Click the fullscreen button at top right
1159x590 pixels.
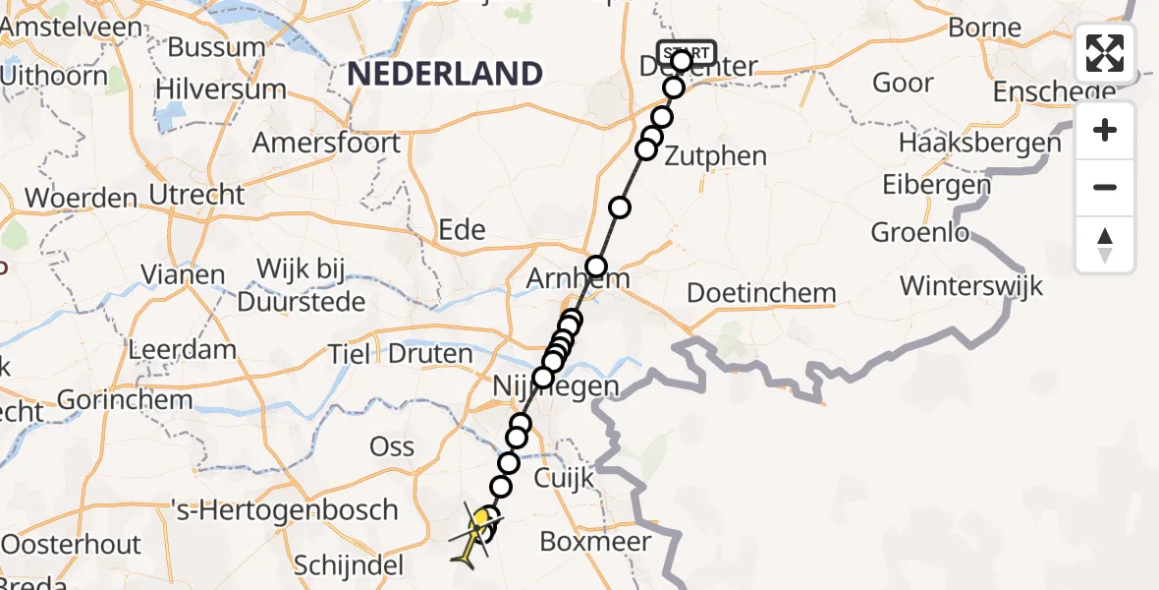click(1105, 53)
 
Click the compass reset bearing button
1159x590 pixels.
click(1105, 245)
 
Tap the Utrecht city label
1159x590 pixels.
click(197, 194)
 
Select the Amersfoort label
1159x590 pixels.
click(326, 143)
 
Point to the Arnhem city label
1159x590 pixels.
click(578, 279)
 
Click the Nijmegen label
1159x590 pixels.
click(558, 386)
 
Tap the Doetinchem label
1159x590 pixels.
click(761, 293)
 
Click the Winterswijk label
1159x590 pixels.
click(971, 286)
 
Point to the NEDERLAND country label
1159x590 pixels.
click(445, 74)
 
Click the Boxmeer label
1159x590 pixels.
click(595, 542)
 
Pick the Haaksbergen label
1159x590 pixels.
click(979, 143)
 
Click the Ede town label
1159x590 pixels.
click(462, 229)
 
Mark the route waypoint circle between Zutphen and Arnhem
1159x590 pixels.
click(619, 207)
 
